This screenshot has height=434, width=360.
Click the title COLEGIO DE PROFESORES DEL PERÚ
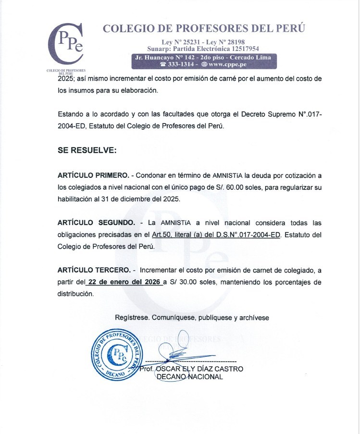pyautogui.click(x=204, y=28)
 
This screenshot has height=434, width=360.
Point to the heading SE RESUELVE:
pyautogui.click(x=87, y=150)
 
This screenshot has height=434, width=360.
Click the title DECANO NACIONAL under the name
pyautogui.click(x=190, y=377)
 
